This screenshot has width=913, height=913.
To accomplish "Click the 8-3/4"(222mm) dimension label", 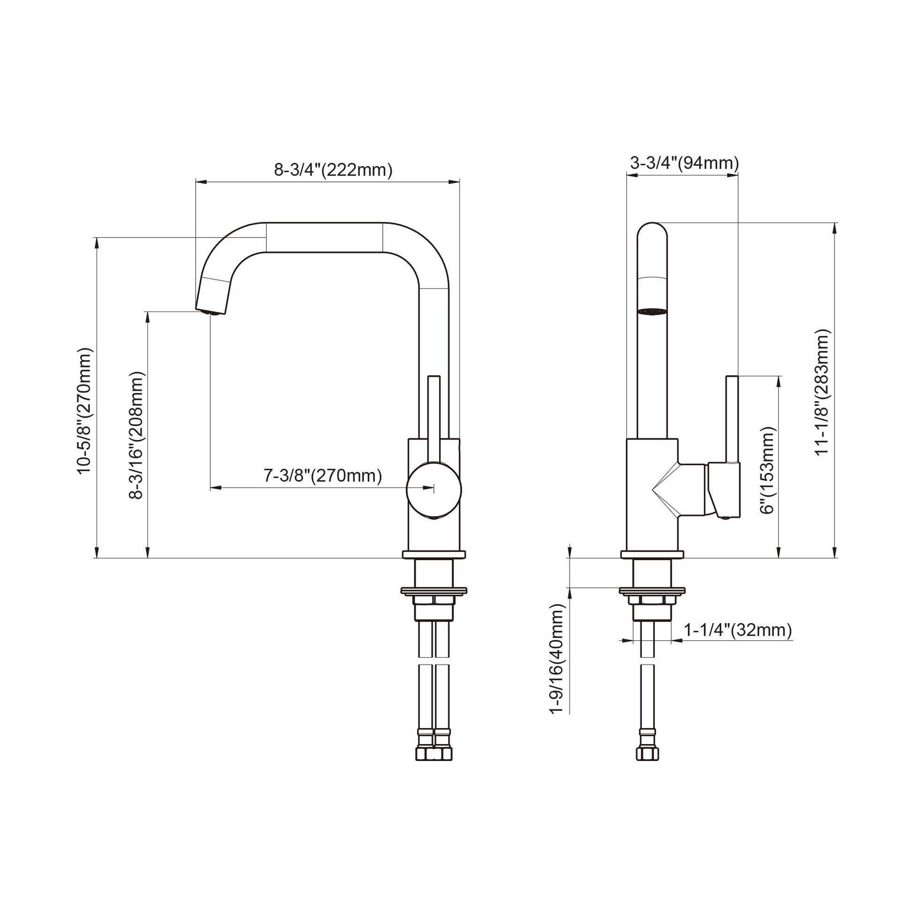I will (333, 170).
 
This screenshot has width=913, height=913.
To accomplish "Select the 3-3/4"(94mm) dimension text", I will (684, 163).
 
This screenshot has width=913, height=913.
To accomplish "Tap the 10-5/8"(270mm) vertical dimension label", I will (85, 411).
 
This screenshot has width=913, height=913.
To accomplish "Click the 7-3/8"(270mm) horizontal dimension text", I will (323, 475).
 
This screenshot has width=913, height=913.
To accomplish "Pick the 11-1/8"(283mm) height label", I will (822, 392).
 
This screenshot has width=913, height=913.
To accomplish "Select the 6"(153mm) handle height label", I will (768, 470).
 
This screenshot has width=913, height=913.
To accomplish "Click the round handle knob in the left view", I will (434, 490).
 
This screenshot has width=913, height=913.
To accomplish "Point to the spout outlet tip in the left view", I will (210, 312).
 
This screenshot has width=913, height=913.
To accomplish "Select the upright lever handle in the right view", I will (732, 418).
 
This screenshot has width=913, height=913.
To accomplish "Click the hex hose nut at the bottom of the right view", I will (647, 753).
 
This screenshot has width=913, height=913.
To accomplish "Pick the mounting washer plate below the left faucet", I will (434, 590).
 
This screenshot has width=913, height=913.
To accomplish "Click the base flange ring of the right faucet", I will (652, 555).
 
